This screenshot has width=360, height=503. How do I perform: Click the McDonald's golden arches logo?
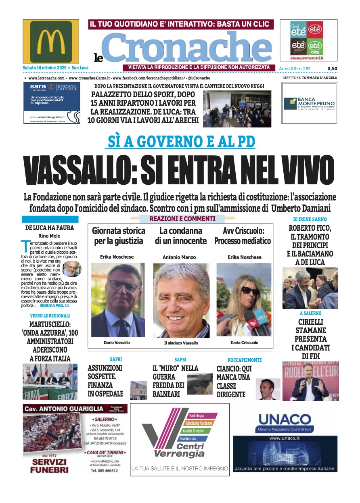tap(51, 42)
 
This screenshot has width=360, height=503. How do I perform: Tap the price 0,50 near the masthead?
tap(332, 69)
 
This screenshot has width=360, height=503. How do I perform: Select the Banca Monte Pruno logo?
tap(309, 103)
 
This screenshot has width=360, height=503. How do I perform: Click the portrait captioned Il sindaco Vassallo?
tap(181, 300)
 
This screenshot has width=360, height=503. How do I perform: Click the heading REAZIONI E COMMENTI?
tap(182, 219)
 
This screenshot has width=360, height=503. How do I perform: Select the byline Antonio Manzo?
tap(179, 257)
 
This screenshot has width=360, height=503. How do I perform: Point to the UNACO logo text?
tap(285, 420)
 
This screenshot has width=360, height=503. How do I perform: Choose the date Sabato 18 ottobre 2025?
tap(45, 68)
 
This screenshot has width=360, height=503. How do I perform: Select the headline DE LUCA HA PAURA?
tap(50, 227)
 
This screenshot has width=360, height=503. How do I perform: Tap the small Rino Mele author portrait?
tap(71, 269)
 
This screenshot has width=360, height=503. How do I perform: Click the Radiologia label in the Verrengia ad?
tap(197, 415)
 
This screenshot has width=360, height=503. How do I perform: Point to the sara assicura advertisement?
tap(52, 103)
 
